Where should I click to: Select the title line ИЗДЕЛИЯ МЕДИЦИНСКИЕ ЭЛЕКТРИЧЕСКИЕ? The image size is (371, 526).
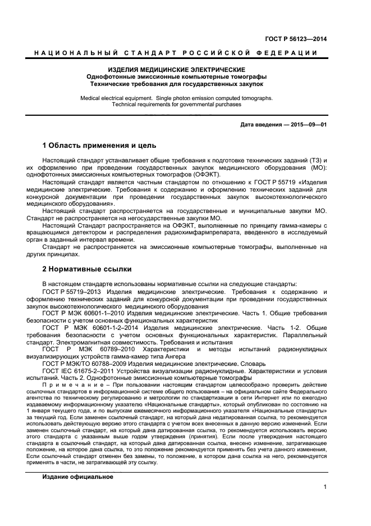pos(176,70)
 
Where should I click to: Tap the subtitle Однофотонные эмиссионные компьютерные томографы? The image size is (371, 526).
pos(176,76)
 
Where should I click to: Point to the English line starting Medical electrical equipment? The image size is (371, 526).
pos(176,98)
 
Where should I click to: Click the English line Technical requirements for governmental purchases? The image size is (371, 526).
pos(176,105)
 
